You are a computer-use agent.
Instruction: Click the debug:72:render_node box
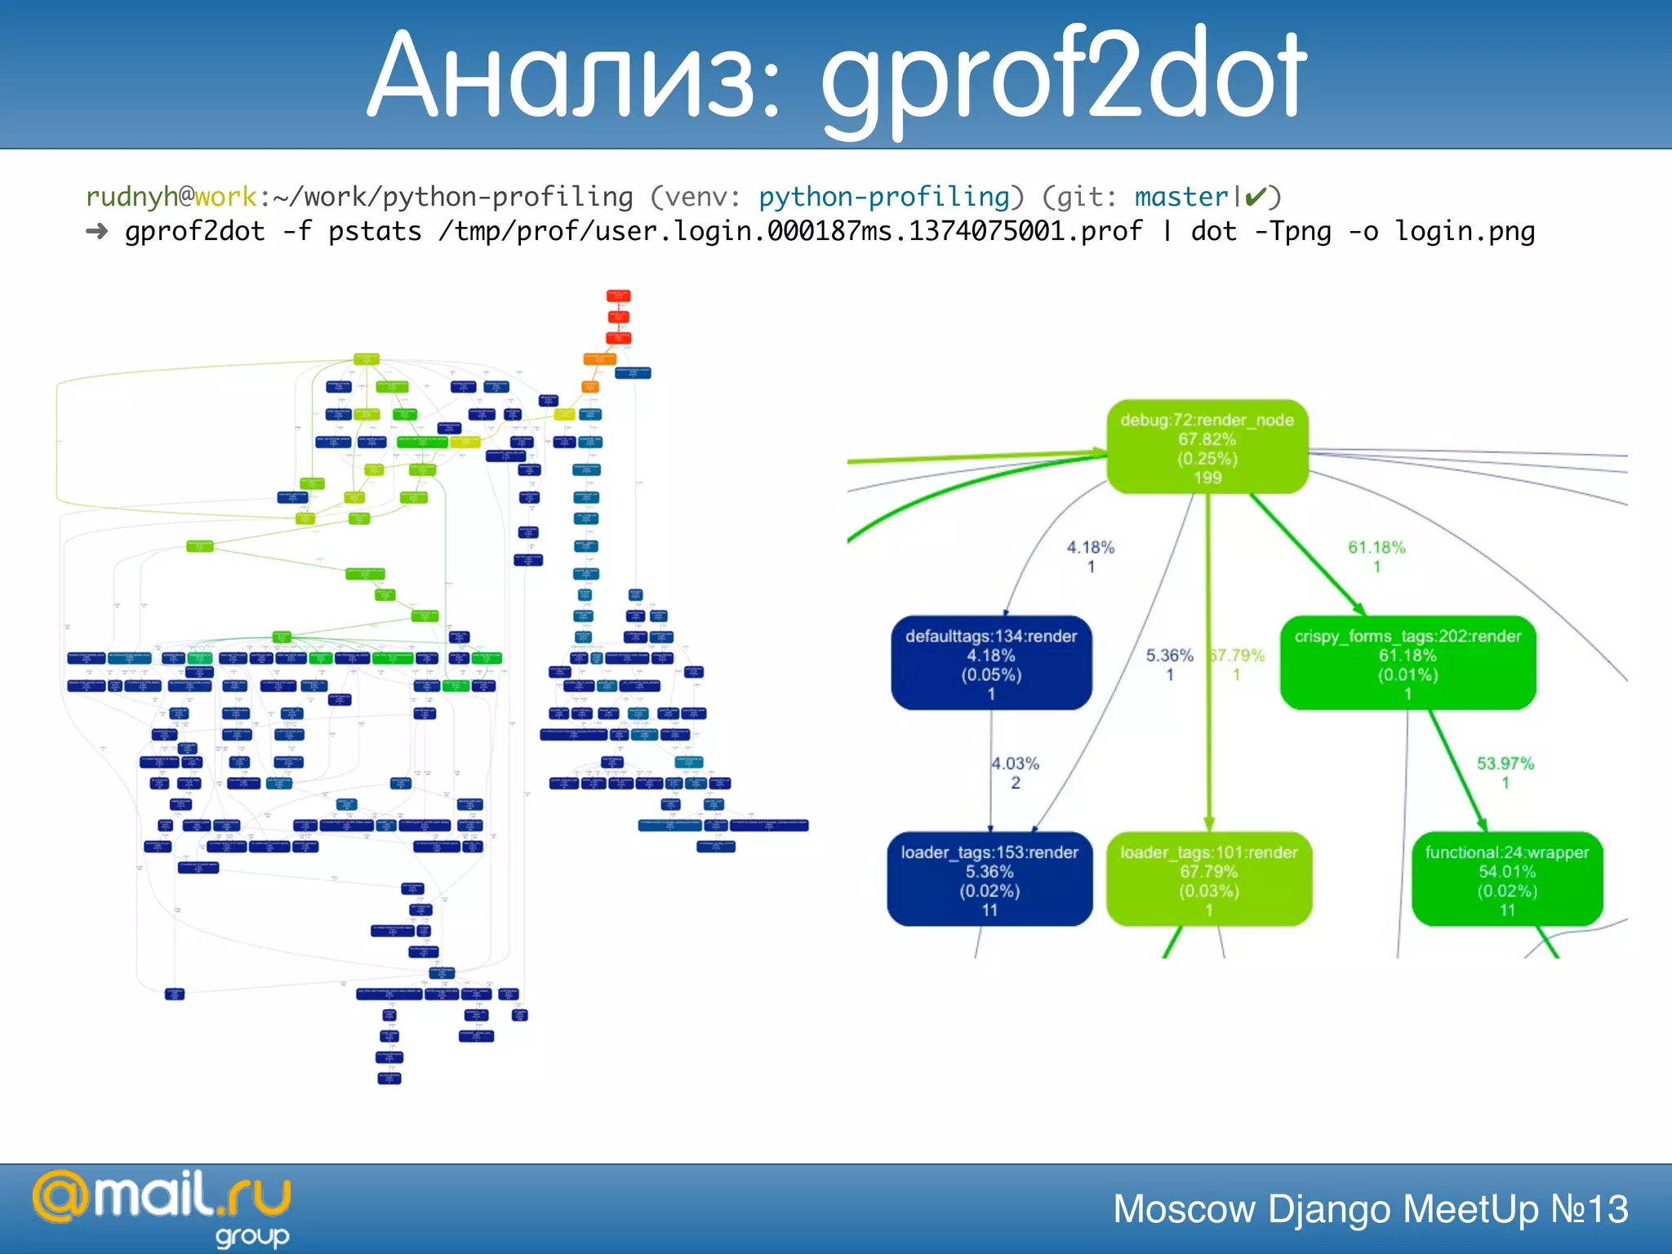pyautogui.click(x=1207, y=447)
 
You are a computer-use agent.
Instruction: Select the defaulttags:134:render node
pyautogui.click(x=991, y=663)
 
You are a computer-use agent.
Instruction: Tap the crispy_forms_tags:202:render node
pyautogui.click(x=1407, y=663)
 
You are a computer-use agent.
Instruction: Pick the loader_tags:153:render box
pyautogui.click(x=989, y=879)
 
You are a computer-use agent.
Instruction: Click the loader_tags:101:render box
pyautogui.click(x=1208, y=879)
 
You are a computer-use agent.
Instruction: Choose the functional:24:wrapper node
pyautogui.click(x=1507, y=879)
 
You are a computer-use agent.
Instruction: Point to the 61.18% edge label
pyautogui.click(x=1376, y=548)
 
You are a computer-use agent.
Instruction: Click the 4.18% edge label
pyautogui.click(x=1090, y=548)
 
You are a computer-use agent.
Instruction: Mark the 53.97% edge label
pyautogui.click(x=1505, y=764)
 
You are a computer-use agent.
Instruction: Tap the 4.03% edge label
pyautogui.click(x=1015, y=764)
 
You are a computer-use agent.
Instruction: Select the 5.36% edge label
pyautogui.click(x=1169, y=656)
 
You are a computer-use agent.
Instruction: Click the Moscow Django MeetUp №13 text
pyautogui.click(x=1370, y=1209)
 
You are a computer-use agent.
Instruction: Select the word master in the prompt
pyautogui.click(x=1181, y=197)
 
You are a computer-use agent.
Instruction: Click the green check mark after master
pyautogui.click(x=1256, y=197)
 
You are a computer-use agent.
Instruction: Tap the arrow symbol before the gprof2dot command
pyautogui.click(x=97, y=232)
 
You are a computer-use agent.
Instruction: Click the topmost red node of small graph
pyautogui.click(x=618, y=296)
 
